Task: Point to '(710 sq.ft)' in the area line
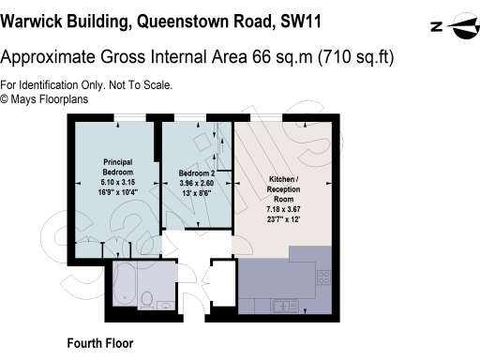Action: click(356, 57)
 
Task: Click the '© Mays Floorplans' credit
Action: click(43, 97)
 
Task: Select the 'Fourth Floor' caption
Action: click(100, 343)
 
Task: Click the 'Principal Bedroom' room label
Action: click(117, 167)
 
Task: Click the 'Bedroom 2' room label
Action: click(197, 172)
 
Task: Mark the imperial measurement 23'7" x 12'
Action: click(283, 219)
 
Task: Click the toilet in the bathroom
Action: click(146, 299)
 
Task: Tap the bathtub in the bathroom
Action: click(136, 277)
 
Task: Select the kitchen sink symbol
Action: click(282, 305)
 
